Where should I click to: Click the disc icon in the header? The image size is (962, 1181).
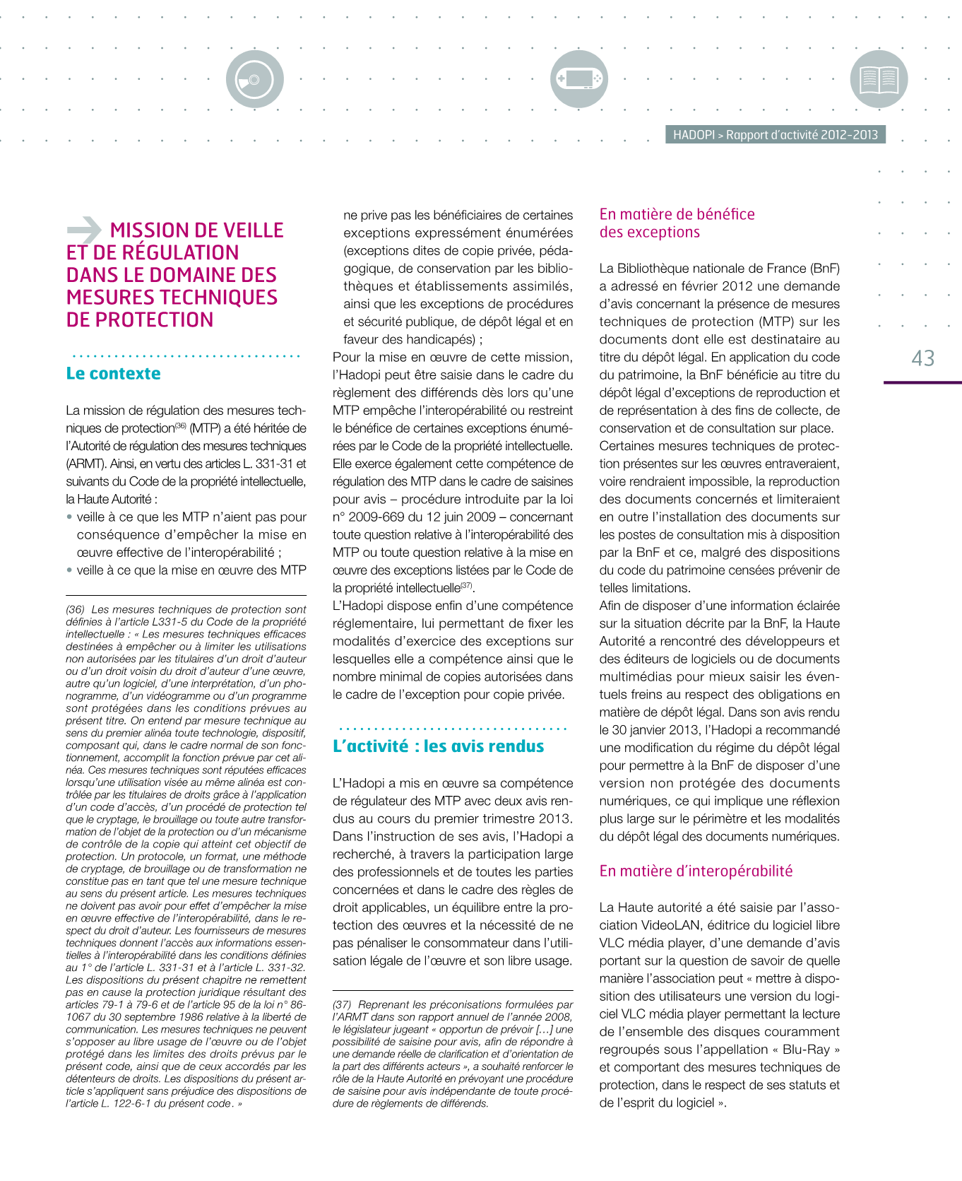[x=255, y=79]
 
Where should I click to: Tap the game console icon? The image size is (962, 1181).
[x=579, y=78]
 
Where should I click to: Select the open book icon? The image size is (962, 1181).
[x=879, y=79]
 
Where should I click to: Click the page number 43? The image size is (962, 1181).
[x=923, y=358]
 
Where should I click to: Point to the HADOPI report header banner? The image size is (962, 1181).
[x=775, y=135]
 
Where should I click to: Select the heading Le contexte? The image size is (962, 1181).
[x=113, y=374]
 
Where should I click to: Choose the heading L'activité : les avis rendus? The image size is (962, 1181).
[x=438, y=746]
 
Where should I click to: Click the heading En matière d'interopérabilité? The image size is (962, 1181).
[x=696, y=871]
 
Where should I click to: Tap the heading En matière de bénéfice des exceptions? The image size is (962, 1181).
[x=677, y=223]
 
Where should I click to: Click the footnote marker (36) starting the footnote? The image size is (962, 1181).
[x=76, y=609]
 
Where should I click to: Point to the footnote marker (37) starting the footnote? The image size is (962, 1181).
[x=342, y=1004]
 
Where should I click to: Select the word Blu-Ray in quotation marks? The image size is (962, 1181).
[x=806, y=1050]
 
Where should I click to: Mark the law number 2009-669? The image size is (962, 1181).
[x=382, y=517]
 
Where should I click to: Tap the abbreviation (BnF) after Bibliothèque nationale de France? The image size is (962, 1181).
[x=825, y=269]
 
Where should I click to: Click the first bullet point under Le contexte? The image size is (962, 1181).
[x=69, y=517]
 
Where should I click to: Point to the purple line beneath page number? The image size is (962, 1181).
[x=922, y=382]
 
